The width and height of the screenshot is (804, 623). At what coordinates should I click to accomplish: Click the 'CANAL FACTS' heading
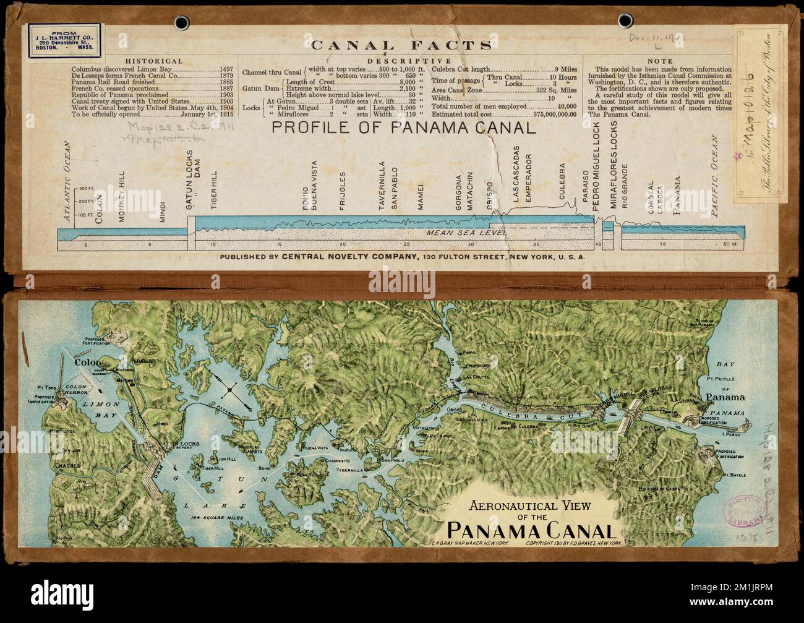pos(401,45)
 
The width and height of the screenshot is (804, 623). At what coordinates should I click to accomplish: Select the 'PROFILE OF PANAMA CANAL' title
pos(401,128)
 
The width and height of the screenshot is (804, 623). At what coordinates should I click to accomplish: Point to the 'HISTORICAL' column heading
pos(154,61)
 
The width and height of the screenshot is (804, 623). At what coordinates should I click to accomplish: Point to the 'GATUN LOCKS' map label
pos(165,444)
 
